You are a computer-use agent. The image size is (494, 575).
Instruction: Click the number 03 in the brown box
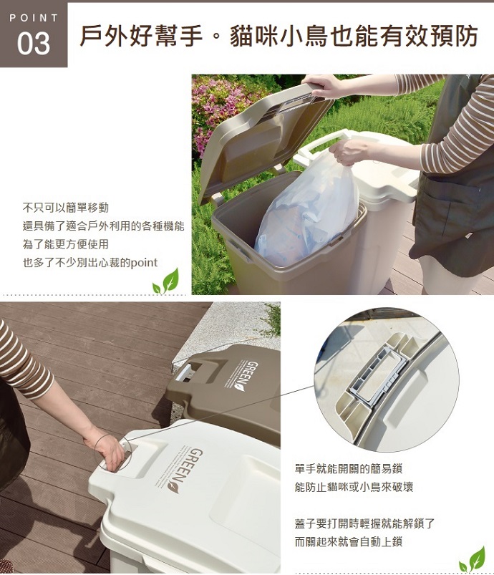34,43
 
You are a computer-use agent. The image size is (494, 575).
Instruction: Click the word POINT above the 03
34,18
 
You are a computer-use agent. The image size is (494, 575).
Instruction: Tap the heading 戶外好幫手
141,36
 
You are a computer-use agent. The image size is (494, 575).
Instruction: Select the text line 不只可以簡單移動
66,208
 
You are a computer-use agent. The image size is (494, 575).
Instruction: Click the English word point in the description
144,263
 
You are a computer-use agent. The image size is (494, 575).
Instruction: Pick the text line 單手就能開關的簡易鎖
349,468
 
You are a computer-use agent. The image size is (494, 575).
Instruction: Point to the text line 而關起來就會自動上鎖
349,541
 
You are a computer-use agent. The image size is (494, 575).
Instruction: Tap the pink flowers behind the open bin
215,110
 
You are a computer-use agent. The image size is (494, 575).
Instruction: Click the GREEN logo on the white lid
187,470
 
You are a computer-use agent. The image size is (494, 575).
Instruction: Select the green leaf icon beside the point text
166,281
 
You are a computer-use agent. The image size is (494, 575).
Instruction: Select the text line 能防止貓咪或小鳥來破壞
354,487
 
